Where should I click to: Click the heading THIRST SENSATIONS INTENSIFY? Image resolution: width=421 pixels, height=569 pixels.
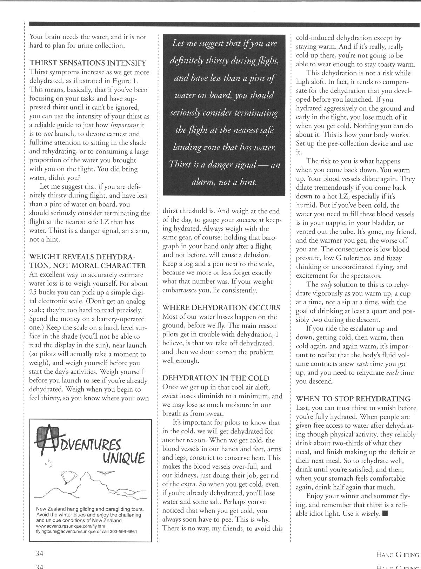[x=87, y=63]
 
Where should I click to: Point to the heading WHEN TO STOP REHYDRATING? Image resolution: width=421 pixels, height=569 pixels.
[x=353, y=399]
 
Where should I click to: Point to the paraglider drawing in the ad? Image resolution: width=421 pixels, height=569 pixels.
[x=68, y=476]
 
